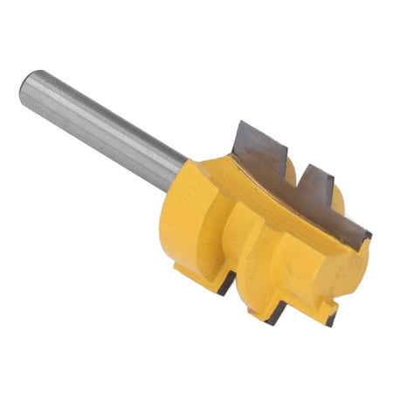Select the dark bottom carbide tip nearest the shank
pos(227,284)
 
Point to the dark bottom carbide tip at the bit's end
pos(331,318)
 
